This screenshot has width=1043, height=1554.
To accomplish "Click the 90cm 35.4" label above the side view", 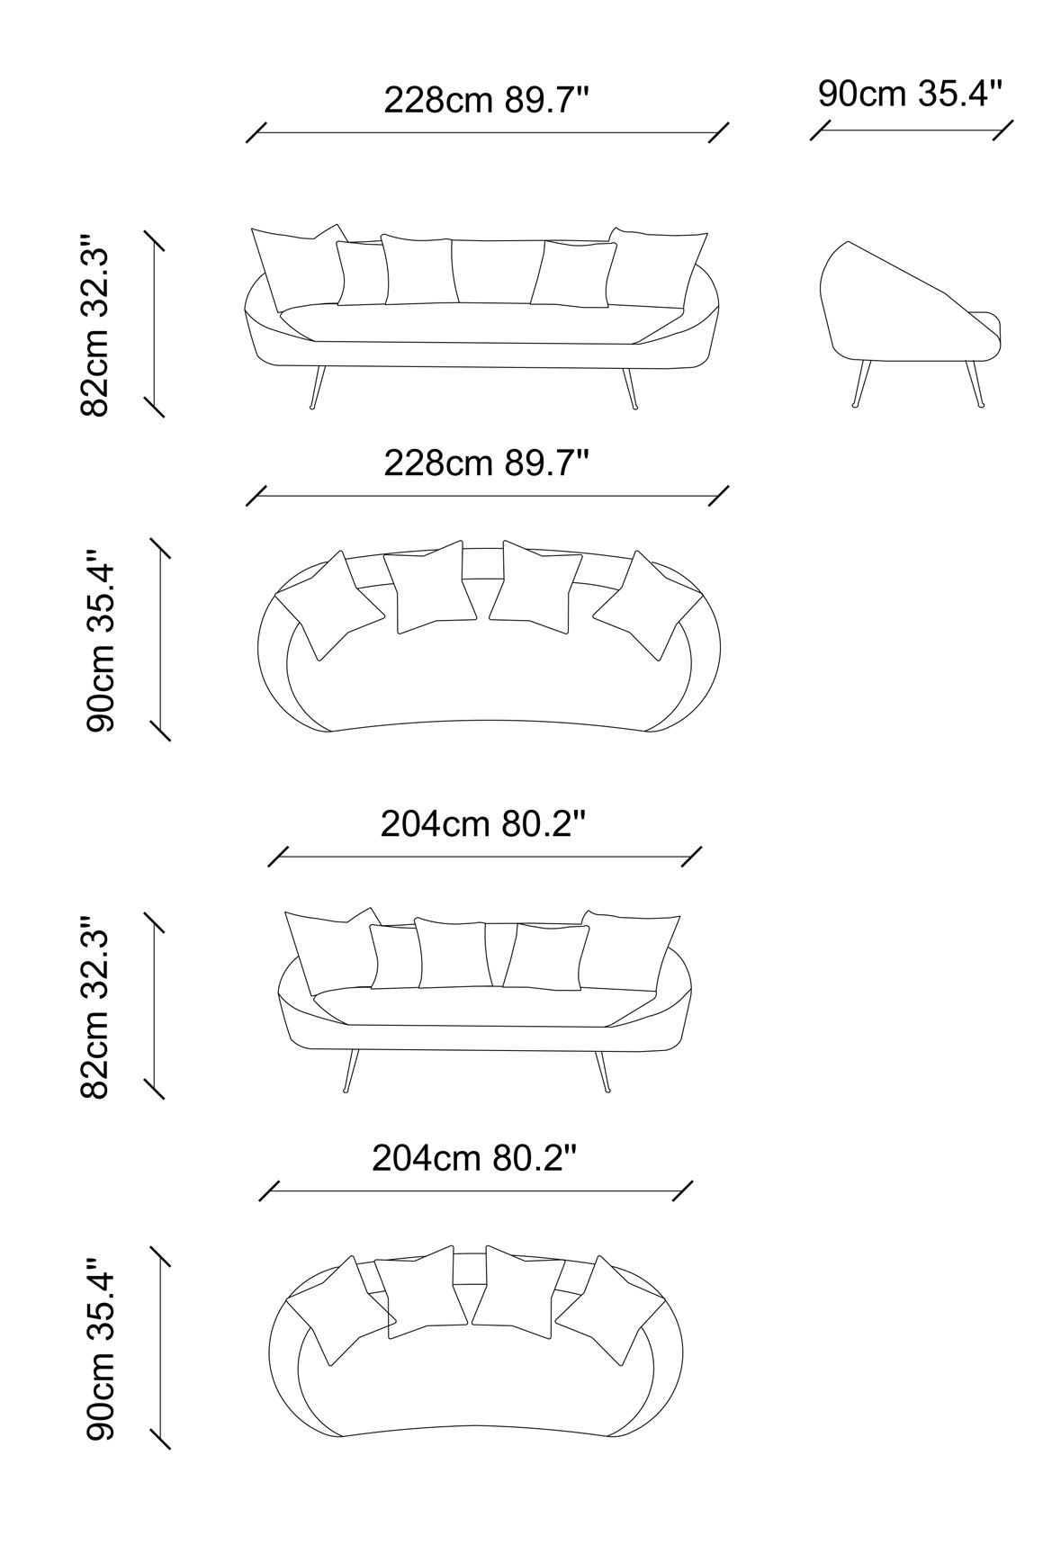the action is pos(910,94).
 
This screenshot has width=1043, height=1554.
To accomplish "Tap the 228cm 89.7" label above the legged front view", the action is pos(487,100).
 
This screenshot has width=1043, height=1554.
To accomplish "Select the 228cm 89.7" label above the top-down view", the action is pos(487,463).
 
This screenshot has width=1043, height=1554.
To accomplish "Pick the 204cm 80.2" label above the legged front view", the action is pos(484,823).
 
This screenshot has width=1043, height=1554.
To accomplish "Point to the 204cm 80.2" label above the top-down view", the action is pos(474,1158).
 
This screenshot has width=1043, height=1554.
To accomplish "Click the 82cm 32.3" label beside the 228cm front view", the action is pos(94,327).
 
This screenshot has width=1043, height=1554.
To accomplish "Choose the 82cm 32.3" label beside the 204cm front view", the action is pos(94,1008).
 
